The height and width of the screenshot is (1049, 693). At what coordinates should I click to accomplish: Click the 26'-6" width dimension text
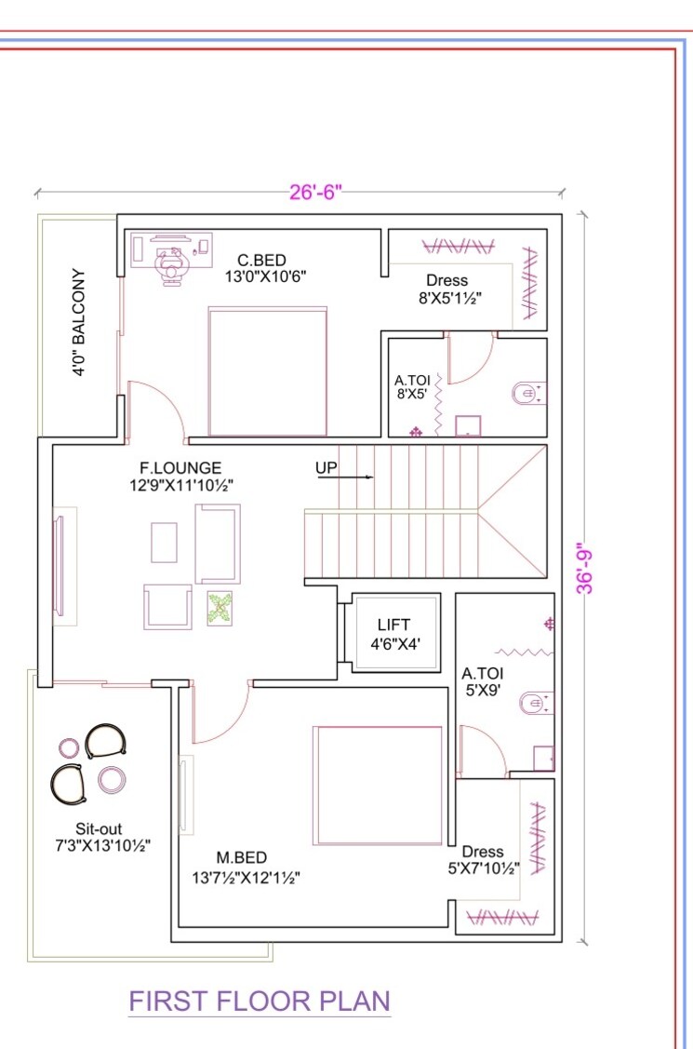316,193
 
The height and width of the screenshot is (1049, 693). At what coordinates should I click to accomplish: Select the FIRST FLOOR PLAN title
259,1002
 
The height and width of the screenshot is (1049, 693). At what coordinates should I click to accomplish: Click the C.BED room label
261,261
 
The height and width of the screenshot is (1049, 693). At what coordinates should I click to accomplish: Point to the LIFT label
393,625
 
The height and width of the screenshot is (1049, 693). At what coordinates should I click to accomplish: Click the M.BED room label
243,857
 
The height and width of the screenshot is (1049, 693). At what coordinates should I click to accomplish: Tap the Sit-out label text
100,828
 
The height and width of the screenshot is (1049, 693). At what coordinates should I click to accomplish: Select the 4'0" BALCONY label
79,323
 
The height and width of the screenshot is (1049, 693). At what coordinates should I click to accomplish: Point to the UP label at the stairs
326,468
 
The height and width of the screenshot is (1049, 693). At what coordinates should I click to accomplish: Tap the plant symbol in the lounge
220,609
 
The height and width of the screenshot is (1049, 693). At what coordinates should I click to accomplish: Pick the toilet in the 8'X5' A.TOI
529,394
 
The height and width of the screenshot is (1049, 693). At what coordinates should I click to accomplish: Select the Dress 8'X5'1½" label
447,289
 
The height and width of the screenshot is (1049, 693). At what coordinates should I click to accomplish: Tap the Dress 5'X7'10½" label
483,860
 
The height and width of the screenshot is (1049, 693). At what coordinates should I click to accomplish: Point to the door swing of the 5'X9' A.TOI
482,750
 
